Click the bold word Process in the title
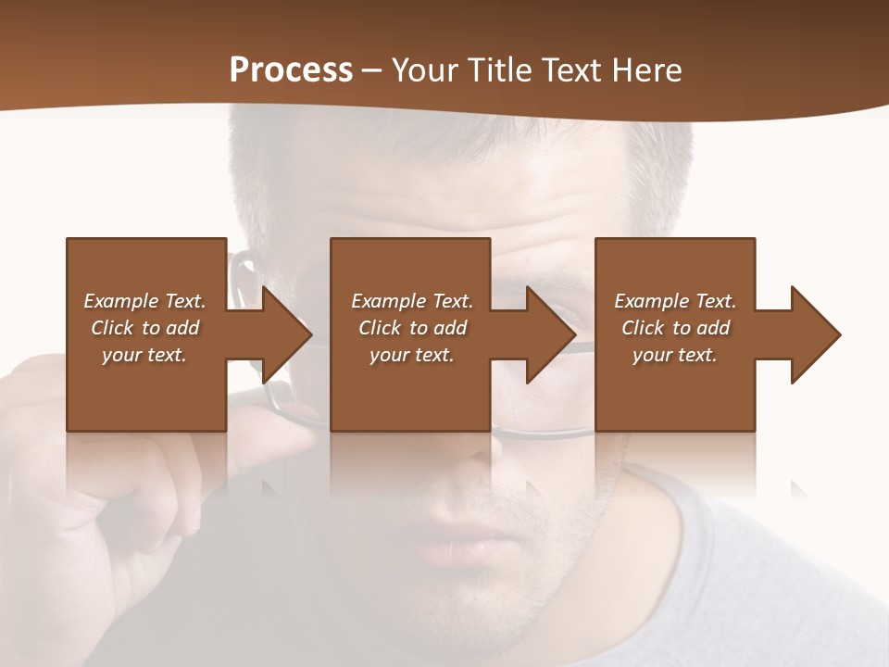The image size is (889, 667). point(291,70)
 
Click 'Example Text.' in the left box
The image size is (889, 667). point(144,301)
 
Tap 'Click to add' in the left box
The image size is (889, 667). point(144,328)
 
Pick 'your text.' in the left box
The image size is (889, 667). point(144,355)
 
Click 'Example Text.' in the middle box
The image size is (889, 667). point(412,301)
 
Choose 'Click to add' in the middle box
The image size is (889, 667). point(412,328)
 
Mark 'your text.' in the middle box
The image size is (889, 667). point(412,355)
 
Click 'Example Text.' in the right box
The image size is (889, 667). point(675,301)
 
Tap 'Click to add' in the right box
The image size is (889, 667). point(675,328)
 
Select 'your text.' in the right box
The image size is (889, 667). point(675,355)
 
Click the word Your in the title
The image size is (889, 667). point(423,70)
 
